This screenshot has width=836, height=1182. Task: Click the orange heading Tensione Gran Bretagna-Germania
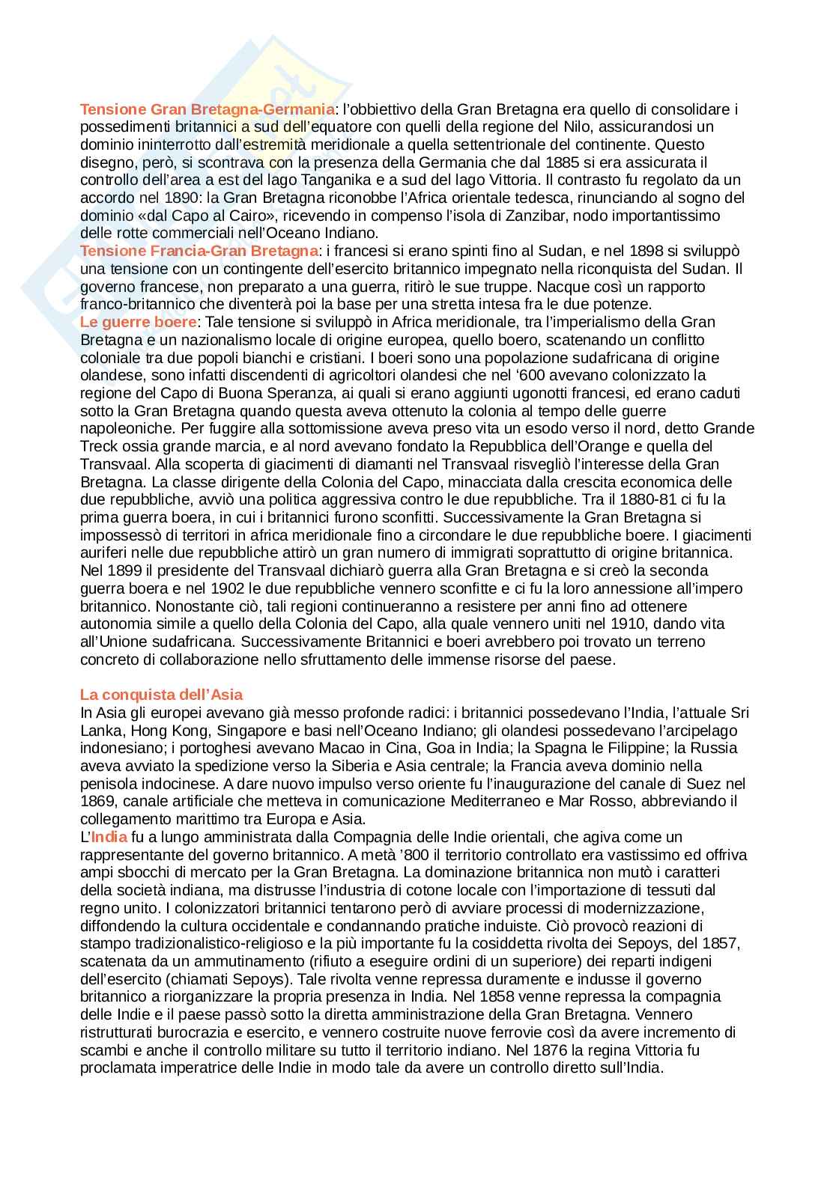coord(208,109)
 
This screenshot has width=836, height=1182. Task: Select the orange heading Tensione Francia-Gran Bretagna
coord(199,251)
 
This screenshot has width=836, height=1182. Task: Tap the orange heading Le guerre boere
coord(139,322)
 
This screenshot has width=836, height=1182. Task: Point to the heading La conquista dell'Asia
coord(161,695)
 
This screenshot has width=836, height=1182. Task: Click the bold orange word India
coord(109,837)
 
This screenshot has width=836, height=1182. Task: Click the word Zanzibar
coord(608,216)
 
